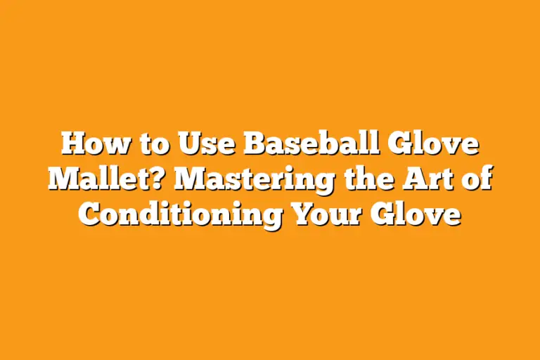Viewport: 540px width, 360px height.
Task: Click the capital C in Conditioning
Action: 89,212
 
